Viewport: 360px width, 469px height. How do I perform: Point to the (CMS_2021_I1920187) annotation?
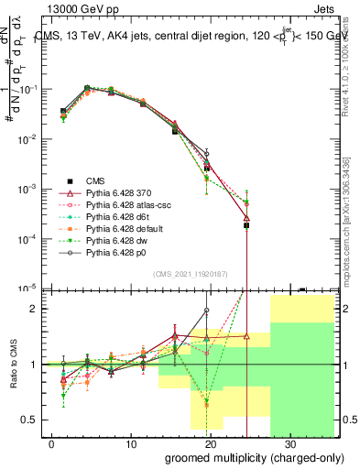tap(191, 273)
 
